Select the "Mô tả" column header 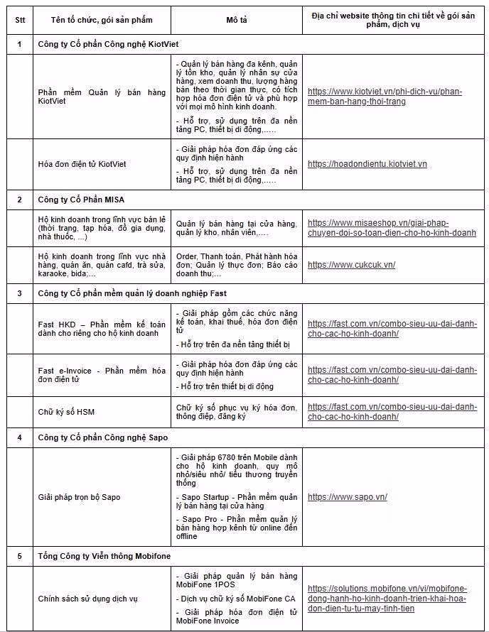(x=237, y=20)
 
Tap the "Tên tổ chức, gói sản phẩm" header (x=102, y=20)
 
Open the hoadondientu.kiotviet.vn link (x=367, y=164)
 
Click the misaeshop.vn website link (x=392, y=227)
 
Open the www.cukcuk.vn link (x=351, y=265)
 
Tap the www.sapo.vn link (x=347, y=497)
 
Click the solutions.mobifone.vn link (x=387, y=599)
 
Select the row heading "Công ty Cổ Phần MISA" (x=81, y=200)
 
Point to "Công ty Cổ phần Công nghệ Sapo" (x=102, y=437)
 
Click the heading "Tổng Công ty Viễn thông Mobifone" (x=104, y=555)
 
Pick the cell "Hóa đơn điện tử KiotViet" (x=82, y=164)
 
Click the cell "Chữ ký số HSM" (x=66, y=412)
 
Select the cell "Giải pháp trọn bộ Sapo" (x=79, y=497)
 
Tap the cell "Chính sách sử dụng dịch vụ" (x=87, y=599)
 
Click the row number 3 (x=19, y=293)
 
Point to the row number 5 (x=19, y=555)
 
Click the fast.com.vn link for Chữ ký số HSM (x=392, y=412)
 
